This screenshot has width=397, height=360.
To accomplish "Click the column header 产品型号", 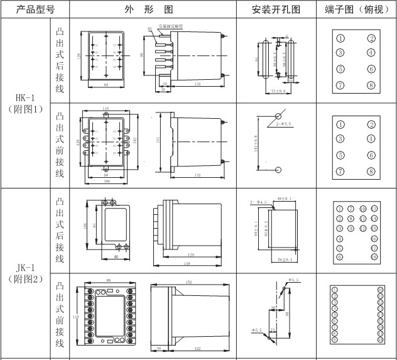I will point(26,9).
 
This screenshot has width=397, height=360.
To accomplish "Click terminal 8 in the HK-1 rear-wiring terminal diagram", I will point(371,85).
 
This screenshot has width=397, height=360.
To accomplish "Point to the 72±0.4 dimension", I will point(277,90).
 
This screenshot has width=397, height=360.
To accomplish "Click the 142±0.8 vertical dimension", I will point(256,144).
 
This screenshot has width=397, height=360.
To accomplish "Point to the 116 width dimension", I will point(105,109).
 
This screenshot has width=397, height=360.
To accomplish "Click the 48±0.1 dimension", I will point(286,200).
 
